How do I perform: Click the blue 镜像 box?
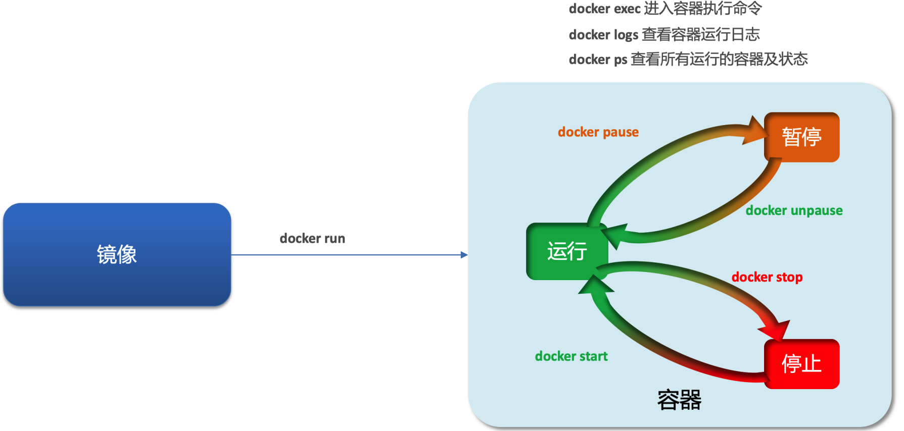[117, 254]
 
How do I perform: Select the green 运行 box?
[566, 251]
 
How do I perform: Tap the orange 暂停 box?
[801, 137]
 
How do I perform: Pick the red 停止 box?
[801, 363]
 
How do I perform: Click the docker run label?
[312, 238]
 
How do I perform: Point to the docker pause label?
[598, 132]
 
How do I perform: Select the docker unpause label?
[794, 210]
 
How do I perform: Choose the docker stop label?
[767, 277]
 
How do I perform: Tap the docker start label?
[571, 356]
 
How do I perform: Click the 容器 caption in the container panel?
[679, 400]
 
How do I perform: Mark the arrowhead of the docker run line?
[464, 255]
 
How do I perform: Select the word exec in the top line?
[627, 9]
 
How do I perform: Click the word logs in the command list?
[626, 35]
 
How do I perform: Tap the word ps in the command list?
[620, 60]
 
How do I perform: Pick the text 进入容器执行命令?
[703, 9]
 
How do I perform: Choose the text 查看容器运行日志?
[701, 34]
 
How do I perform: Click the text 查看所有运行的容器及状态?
[719, 59]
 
